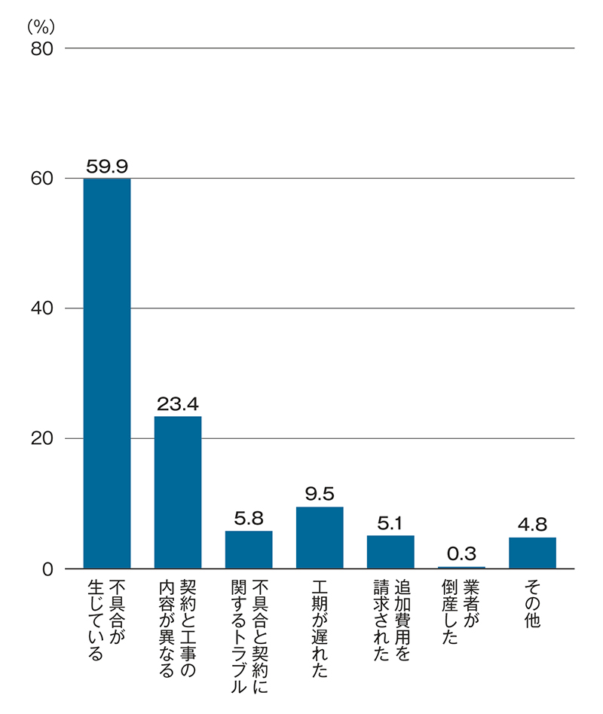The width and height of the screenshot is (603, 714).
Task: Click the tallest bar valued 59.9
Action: (x=106, y=373)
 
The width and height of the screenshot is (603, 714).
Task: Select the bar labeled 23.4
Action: (x=178, y=492)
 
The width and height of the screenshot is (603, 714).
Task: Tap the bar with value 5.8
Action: (x=249, y=550)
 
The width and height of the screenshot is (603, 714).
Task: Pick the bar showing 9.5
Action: (x=320, y=538)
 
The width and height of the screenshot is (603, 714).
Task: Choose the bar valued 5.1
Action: (x=390, y=552)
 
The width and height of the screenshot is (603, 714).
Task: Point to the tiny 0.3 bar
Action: (x=461, y=567)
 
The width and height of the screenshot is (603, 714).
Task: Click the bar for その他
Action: (x=532, y=553)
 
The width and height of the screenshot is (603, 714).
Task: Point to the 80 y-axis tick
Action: (x=41, y=48)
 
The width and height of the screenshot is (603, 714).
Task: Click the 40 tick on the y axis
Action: (x=41, y=308)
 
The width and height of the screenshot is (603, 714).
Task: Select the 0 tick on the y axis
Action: (x=47, y=568)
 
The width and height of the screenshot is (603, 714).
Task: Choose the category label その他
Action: (x=532, y=603)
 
